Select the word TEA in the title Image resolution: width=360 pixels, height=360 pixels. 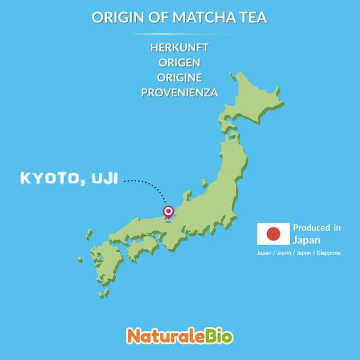click(254, 17)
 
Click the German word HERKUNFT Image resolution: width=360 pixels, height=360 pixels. click(179, 48)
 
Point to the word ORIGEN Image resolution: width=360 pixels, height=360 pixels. click(179, 62)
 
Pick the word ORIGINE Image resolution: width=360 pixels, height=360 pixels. click(179, 78)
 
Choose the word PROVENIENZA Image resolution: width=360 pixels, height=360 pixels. click(179, 93)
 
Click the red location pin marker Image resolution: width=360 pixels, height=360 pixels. click(168, 211)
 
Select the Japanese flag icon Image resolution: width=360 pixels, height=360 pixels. click(273, 233)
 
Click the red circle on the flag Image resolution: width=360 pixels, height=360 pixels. click(273, 233)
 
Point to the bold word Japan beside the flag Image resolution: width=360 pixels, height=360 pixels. click(304, 240)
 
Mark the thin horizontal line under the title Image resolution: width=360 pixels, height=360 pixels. click(179, 33)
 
